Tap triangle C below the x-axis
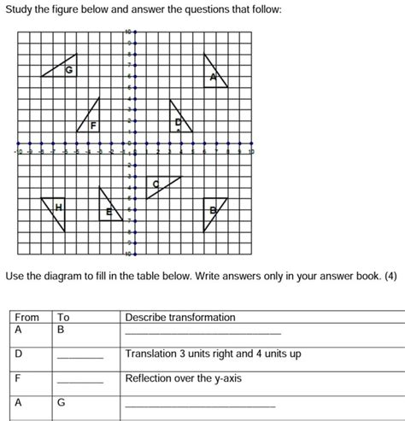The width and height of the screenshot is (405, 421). pos(160,184)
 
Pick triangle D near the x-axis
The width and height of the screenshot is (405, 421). pos(179,119)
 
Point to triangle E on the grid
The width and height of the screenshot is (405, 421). pos(109,207)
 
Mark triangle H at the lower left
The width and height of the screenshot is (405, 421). pos(58,209)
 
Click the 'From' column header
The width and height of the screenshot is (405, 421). pos(27,317)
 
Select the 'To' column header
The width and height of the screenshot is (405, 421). pos(63,317)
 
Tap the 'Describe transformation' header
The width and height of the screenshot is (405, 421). pos(179,317)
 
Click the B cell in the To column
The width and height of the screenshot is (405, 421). pos(61,329)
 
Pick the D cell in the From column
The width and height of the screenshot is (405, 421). pos(19,353)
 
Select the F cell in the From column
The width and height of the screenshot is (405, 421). pos(18,377)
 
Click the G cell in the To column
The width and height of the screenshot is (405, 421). pos(62,401)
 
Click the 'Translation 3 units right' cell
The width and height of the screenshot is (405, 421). pos(213,353)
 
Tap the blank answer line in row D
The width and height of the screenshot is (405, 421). pos(79,355)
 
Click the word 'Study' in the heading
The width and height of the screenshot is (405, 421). pos(19,9)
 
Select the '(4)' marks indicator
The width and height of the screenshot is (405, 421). pos(390,277)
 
